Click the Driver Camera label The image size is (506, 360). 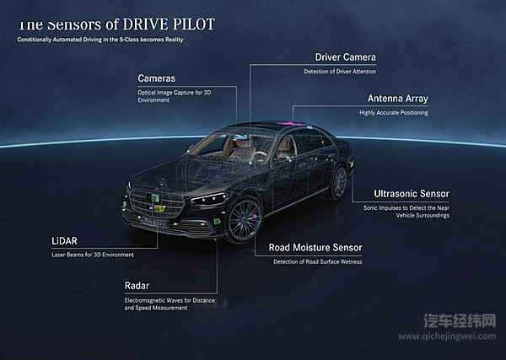pyautogui.click(x=345, y=57)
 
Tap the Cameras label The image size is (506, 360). pyautogui.click(x=157, y=78)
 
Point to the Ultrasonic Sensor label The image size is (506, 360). pyautogui.click(x=412, y=193)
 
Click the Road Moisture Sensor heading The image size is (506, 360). pyautogui.click(x=315, y=248)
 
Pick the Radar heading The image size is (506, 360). pyautogui.click(x=137, y=286)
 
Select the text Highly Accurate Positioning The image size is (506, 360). pyautogui.click(x=394, y=112)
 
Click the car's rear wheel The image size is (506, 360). pyautogui.click(x=339, y=182)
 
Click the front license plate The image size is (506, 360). pyautogui.click(x=154, y=223)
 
